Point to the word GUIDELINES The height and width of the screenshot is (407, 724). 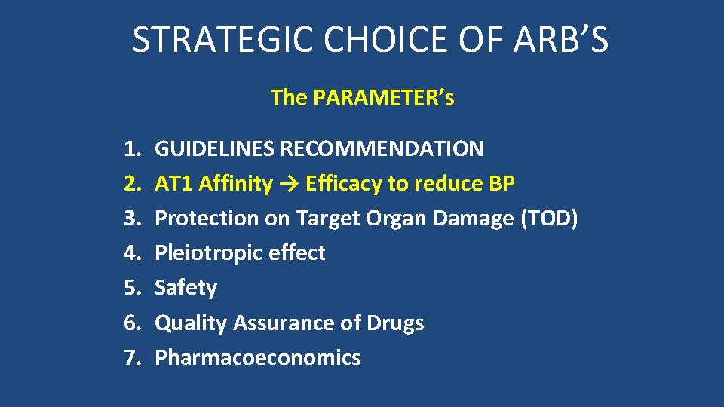pyautogui.click(x=215, y=148)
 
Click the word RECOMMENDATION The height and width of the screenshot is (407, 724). pyautogui.click(x=382, y=148)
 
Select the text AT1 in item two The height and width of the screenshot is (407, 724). pyautogui.click(x=173, y=183)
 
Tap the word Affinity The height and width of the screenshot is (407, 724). pyautogui.click(x=236, y=183)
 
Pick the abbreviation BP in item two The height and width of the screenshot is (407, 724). pyautogui.click(x=502, y=183)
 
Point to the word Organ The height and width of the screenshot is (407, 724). pyautogui.click(x=394, y=219)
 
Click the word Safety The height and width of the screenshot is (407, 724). pyautogui.click(x=186, y=288)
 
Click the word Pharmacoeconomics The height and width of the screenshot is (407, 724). pyautogui.click(x=257, y=357)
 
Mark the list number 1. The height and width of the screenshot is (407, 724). pyautogui.click(x=133, y=148)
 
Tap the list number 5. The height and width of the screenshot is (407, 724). pyautogui.click(x=133, y=288)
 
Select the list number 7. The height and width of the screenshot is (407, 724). pyautogui.click(x=133, y=357)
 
